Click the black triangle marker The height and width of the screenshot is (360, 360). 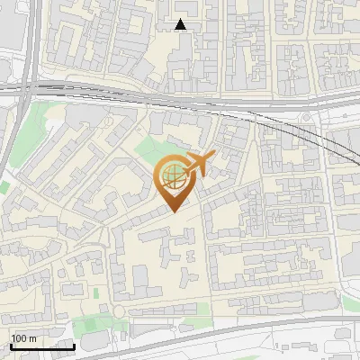coord(181,25)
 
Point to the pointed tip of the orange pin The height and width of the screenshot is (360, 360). coord(173,211)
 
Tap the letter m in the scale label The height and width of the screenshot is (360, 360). coord(32,338)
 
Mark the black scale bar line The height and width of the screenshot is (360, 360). coord(42,346)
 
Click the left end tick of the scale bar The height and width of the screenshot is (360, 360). coord(10,344)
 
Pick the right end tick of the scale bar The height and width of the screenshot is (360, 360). coord(75,344)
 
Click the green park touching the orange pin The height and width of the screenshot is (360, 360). coord(149,149)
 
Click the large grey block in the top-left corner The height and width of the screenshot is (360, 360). coord(13,22)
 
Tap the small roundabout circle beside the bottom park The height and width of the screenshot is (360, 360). coord(117,310)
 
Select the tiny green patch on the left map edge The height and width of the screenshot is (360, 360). coord(4,187)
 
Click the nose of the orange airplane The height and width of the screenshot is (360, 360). coord(213,157)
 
